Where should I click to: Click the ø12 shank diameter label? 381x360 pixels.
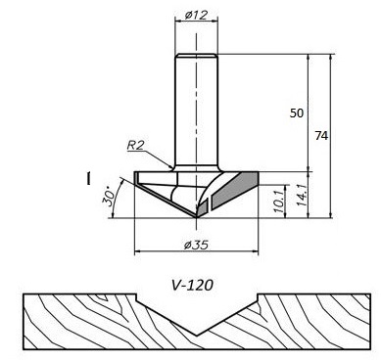196,15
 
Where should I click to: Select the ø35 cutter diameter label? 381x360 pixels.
196,245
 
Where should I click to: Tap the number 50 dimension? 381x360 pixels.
297,113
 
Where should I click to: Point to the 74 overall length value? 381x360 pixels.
321,135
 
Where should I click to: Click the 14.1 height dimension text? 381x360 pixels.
301,195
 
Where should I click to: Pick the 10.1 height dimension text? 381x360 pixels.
279,202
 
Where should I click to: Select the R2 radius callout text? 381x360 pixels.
135,145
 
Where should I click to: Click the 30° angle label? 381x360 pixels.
109,197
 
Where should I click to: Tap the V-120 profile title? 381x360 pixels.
192,286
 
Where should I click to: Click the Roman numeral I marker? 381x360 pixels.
88,179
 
